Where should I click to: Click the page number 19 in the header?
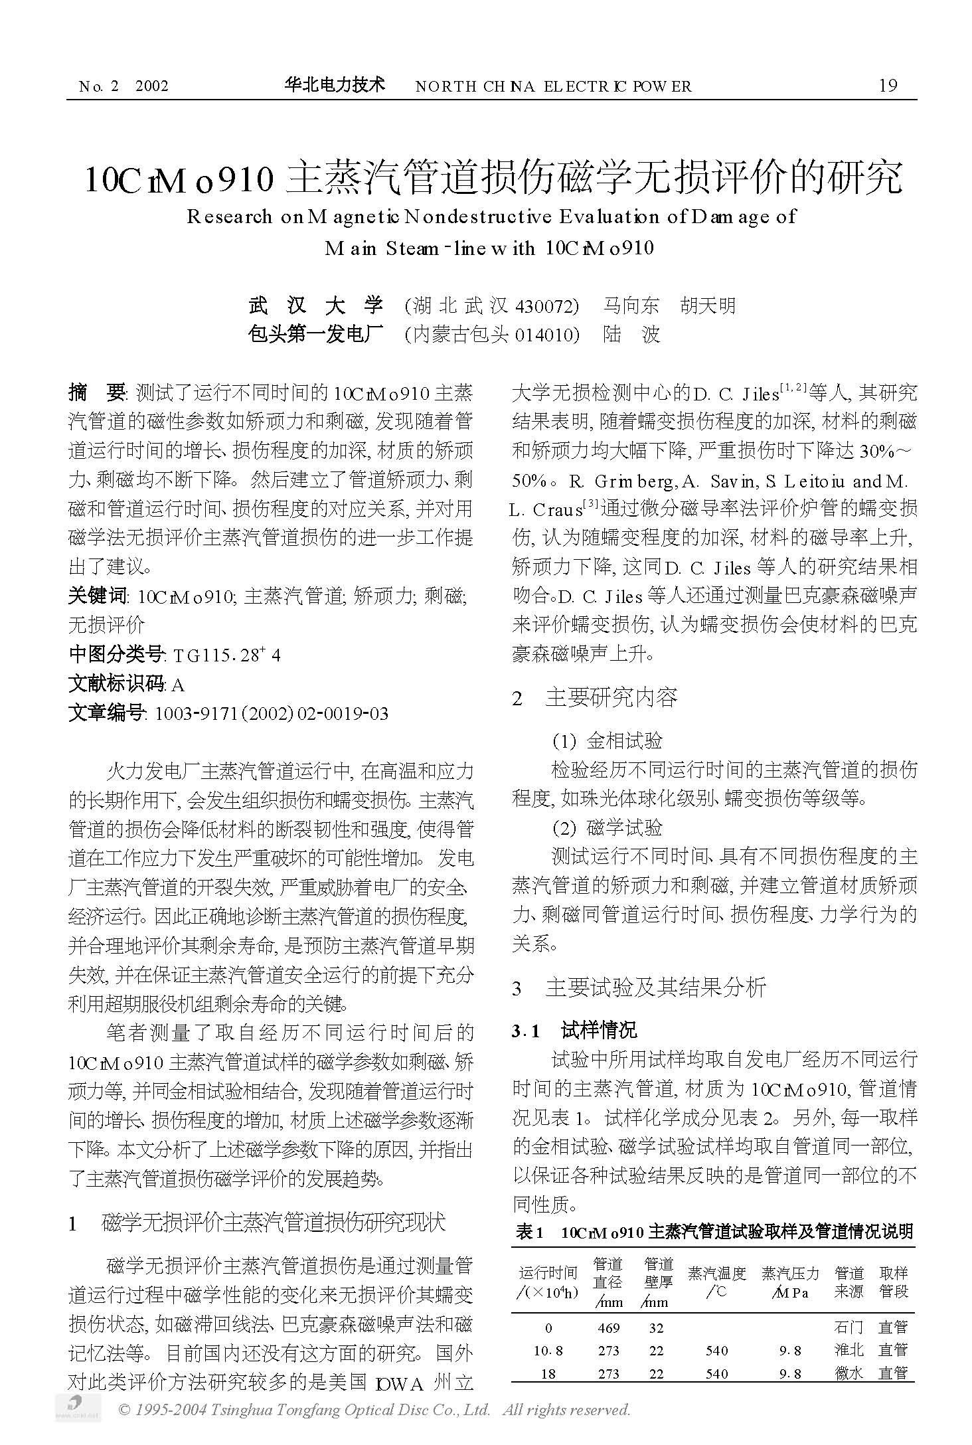(x=887, y=85)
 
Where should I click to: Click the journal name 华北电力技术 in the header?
(x=335, y=84)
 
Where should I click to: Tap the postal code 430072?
(x=544, y=305)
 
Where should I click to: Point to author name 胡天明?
(x=708, y=305)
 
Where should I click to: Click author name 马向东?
(x=631, y=305)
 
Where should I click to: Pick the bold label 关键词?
(x=97, y=596)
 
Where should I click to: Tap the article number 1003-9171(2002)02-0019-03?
(x=271, y=714)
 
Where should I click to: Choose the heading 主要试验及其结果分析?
(x=655, y=987)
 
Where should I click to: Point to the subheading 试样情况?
(x=598, y=1030)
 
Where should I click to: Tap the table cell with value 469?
(x=608, y=1328)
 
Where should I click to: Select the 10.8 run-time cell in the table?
(x=548, y=1351)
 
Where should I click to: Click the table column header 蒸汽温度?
(x=717, y=1274)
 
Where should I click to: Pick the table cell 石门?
(x=849, y=1328)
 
